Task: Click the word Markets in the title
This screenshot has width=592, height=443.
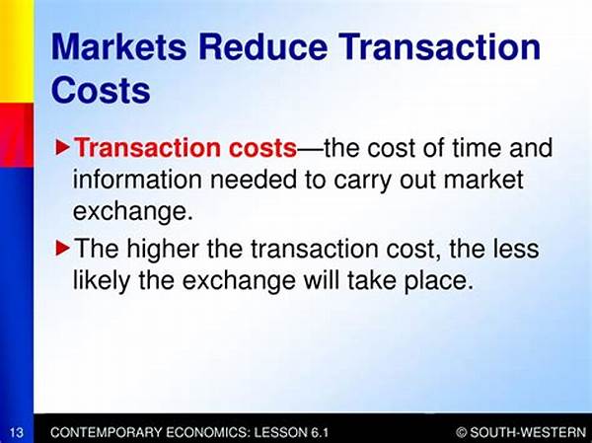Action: coord(119,46)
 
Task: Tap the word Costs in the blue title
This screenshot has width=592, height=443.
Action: coord(101,90)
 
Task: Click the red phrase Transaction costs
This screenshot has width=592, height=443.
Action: coord(185,147)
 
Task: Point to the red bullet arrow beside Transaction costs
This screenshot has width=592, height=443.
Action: coord(63,148)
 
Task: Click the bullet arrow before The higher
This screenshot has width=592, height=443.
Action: coord(63,249)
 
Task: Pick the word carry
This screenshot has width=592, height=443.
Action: coord(362,181)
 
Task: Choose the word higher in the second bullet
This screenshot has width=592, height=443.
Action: coord(163,249)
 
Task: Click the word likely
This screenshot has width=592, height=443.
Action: coord(102,281)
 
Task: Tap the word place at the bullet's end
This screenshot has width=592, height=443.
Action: coord(439,281)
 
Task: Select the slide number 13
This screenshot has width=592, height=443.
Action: coord(16,432)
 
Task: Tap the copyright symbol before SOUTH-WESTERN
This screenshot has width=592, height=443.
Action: coord(461,432)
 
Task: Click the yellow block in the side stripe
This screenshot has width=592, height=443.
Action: coord(17,51)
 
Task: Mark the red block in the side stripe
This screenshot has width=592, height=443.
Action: coord(17,135)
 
